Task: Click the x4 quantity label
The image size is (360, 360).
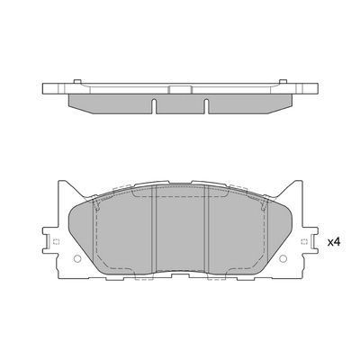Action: click(x=333, y=242)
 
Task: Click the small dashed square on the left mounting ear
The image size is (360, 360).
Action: click(x=56, y=244)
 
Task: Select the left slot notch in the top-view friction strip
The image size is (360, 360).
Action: click(x=155, y=105)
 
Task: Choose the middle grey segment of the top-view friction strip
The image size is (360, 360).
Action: click(x=180, y=104)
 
